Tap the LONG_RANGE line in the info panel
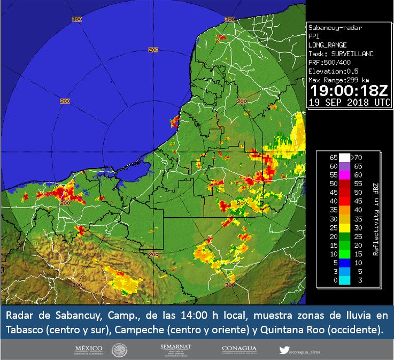pyautogui.click(x=328, y=45)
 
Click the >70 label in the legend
pyautogui.click(x=357, y=158)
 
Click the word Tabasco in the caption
pyautogui.click(x=24, y=329)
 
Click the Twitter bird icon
pyautogui.click(x=283, y=351)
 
